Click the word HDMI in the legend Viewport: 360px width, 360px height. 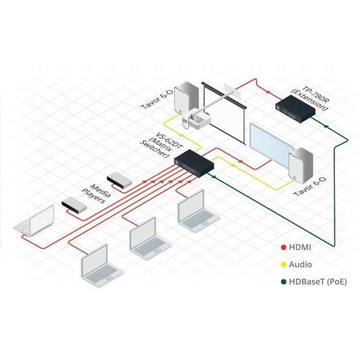(301, 247)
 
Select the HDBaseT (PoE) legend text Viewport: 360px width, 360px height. (317, 281)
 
